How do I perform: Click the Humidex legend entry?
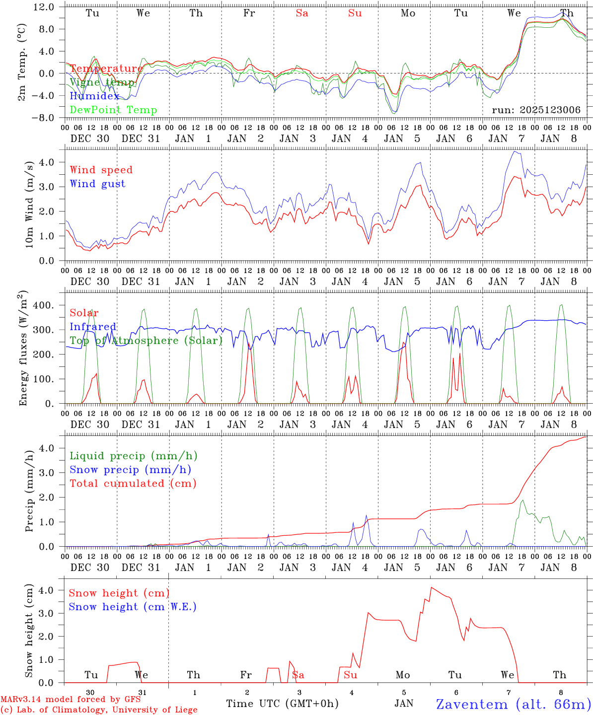coord(94,96)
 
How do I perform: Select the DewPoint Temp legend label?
coord(113,110)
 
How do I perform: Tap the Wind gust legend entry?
coord(97,184)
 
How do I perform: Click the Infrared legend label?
coord(93,327)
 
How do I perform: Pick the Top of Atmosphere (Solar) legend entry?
coord(146,341)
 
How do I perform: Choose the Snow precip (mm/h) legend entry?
coord(130,470)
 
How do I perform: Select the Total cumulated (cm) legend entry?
coord(133,484)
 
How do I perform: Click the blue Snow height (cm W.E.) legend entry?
coord(133,607)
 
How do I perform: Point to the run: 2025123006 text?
coord(536,110)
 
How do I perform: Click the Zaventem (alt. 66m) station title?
coord(514,704)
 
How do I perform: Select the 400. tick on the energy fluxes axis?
coord(43,305)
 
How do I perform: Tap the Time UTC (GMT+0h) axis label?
coord(282,704)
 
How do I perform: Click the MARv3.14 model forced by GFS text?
coord(71,699)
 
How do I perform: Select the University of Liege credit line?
coord(99,710)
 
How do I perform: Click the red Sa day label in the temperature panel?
coord(302,13)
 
